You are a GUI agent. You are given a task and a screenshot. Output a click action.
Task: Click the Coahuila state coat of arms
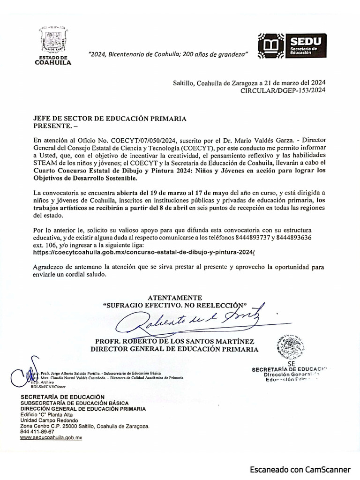(x=53, y=41)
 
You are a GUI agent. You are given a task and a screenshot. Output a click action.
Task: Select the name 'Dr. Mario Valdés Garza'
(x=263, y=140)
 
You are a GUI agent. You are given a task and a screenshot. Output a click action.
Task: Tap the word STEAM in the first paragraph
(x=45, y=162)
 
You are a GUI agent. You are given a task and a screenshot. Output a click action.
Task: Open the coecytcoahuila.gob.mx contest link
(x=145, y=252)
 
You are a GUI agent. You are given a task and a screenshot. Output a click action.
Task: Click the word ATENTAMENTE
(x=175, y=298)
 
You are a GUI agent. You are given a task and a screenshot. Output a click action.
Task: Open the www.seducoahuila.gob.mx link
(x=51, y=437)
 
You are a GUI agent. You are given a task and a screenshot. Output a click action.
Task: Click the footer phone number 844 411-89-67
(x=37, y=431)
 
